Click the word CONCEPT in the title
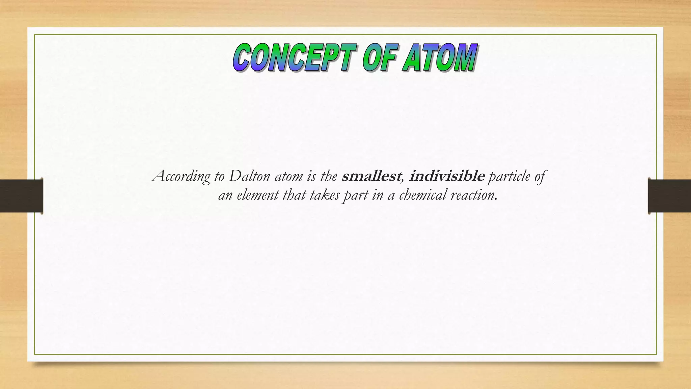click(x=294, y=58)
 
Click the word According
click(x=181, y=177)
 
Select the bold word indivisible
click(x=447, y=176)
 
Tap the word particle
click(x=509, y=177)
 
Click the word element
click(x=257, y=195)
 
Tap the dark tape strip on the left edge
click(x=21, y=196)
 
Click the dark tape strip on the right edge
click(x=669, y=196)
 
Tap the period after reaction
click(x=496, y=200)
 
